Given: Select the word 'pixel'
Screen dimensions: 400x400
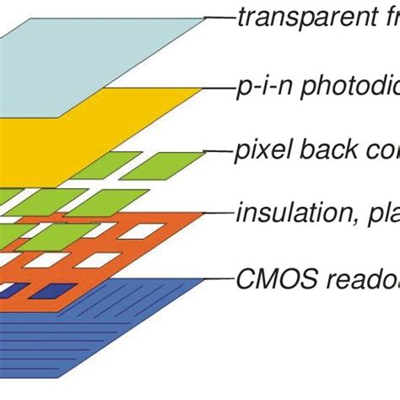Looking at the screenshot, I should (257, 152).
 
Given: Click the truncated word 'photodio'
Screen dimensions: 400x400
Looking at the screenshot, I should (342, 86).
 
